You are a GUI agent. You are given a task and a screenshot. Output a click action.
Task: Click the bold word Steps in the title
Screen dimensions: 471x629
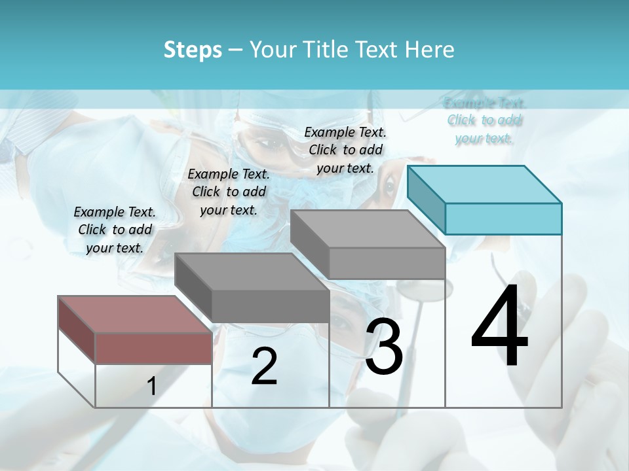click(x=193, y=50)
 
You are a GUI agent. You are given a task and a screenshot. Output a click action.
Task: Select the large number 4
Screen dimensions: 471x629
click(x=499, y=327)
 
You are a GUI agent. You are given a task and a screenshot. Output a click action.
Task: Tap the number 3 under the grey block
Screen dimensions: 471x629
click(x=384, y=347)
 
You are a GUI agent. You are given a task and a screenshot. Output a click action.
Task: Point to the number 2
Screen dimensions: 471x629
click(x=264, y=366)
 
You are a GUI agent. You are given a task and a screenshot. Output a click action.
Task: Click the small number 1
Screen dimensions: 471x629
click(x=151, y=386)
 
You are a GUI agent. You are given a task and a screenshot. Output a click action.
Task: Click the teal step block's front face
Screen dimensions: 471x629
click(x=503, y=218)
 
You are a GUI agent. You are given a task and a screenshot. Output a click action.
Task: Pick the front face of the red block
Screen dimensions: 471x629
click(x=153, y=348)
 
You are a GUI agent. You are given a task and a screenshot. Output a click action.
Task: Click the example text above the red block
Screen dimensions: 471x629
click(x=115, y=230)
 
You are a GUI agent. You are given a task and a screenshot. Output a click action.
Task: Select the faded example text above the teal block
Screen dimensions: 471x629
click(x=485, y=120)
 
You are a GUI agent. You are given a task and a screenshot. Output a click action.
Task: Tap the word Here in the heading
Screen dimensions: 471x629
click(x=429, y=50)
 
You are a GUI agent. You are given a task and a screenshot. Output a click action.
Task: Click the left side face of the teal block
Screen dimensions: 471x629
click(x=426, y=200)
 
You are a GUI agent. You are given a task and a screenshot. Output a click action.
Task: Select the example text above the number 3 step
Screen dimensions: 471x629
click(x=345, y=150)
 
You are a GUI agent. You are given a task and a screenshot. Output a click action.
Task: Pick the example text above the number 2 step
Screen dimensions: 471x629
click(x=229, y=192)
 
